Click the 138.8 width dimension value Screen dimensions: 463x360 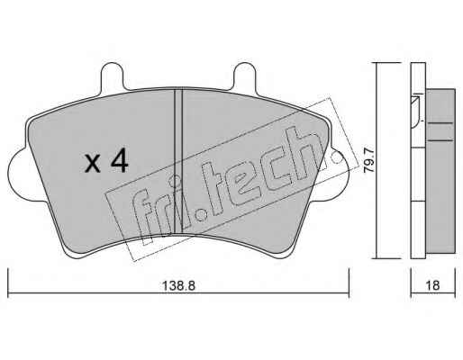pos(179,285)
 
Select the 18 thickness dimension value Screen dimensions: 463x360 pos(432,285)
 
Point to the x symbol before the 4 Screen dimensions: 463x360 pos(93,164)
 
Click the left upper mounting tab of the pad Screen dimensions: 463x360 pos(113,76)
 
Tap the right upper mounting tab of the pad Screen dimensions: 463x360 pos(245,76)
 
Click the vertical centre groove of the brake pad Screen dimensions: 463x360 pos(178,161)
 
